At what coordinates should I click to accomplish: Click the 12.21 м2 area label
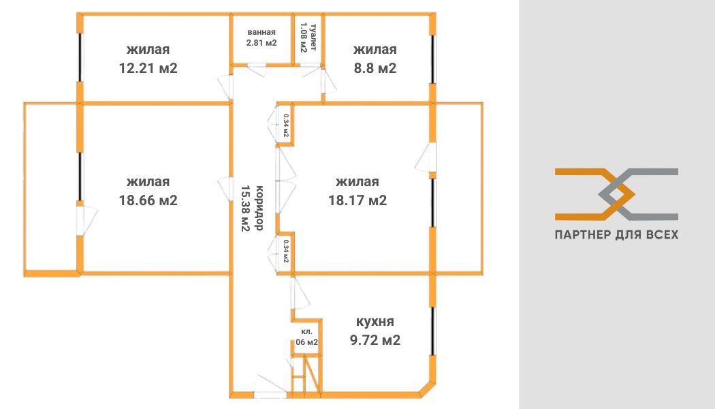coord(148,68)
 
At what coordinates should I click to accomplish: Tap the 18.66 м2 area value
coord(148,200)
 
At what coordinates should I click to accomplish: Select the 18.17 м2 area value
coord(357,200)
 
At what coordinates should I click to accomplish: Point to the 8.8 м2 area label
coord(375,68)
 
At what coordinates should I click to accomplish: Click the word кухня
coord(375,321)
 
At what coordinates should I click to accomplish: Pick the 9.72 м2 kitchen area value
coord(375,340)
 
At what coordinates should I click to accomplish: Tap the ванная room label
coord(261,32)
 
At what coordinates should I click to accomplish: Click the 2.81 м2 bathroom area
coord(261,43)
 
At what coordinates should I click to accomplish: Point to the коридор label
coord(259,208)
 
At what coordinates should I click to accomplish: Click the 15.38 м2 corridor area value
coord(245,208)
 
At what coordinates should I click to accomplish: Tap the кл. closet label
coord(307,332)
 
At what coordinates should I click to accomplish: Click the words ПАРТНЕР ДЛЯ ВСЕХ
coord(616,234)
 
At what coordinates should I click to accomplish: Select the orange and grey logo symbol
coord(616,194)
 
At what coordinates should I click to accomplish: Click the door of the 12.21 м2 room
coord(225,87)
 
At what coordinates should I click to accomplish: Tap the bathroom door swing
coord(257,70)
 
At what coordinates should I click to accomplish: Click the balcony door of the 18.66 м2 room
coord(86,220)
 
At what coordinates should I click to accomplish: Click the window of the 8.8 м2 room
coord(433,59)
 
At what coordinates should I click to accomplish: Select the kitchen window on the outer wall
coord(433,331)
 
